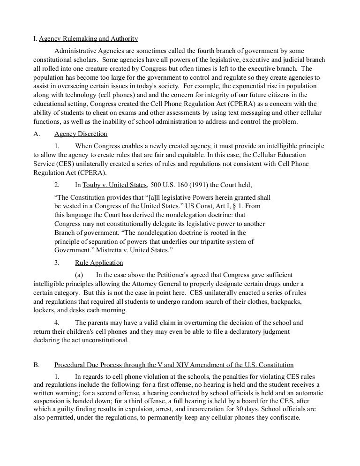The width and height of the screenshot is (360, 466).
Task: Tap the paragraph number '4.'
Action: click(x=57, y=323)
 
